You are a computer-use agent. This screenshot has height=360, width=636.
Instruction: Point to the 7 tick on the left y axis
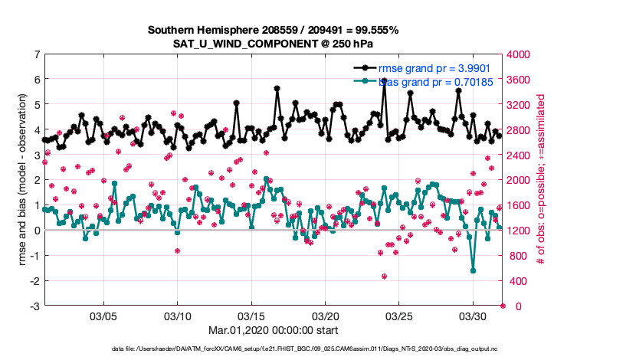[x=37, y=54]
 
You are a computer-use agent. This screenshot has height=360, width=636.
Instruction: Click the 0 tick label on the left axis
[x=37, y=231]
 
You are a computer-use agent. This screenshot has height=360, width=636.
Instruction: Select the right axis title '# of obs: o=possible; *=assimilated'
[x=541, y=180]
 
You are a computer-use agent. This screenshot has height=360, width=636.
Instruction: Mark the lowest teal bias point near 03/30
[x=473, y=270]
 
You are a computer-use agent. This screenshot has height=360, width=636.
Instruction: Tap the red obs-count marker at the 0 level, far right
[x=503, y=306]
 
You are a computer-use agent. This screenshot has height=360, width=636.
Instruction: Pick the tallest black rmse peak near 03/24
[x=384, y=80]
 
